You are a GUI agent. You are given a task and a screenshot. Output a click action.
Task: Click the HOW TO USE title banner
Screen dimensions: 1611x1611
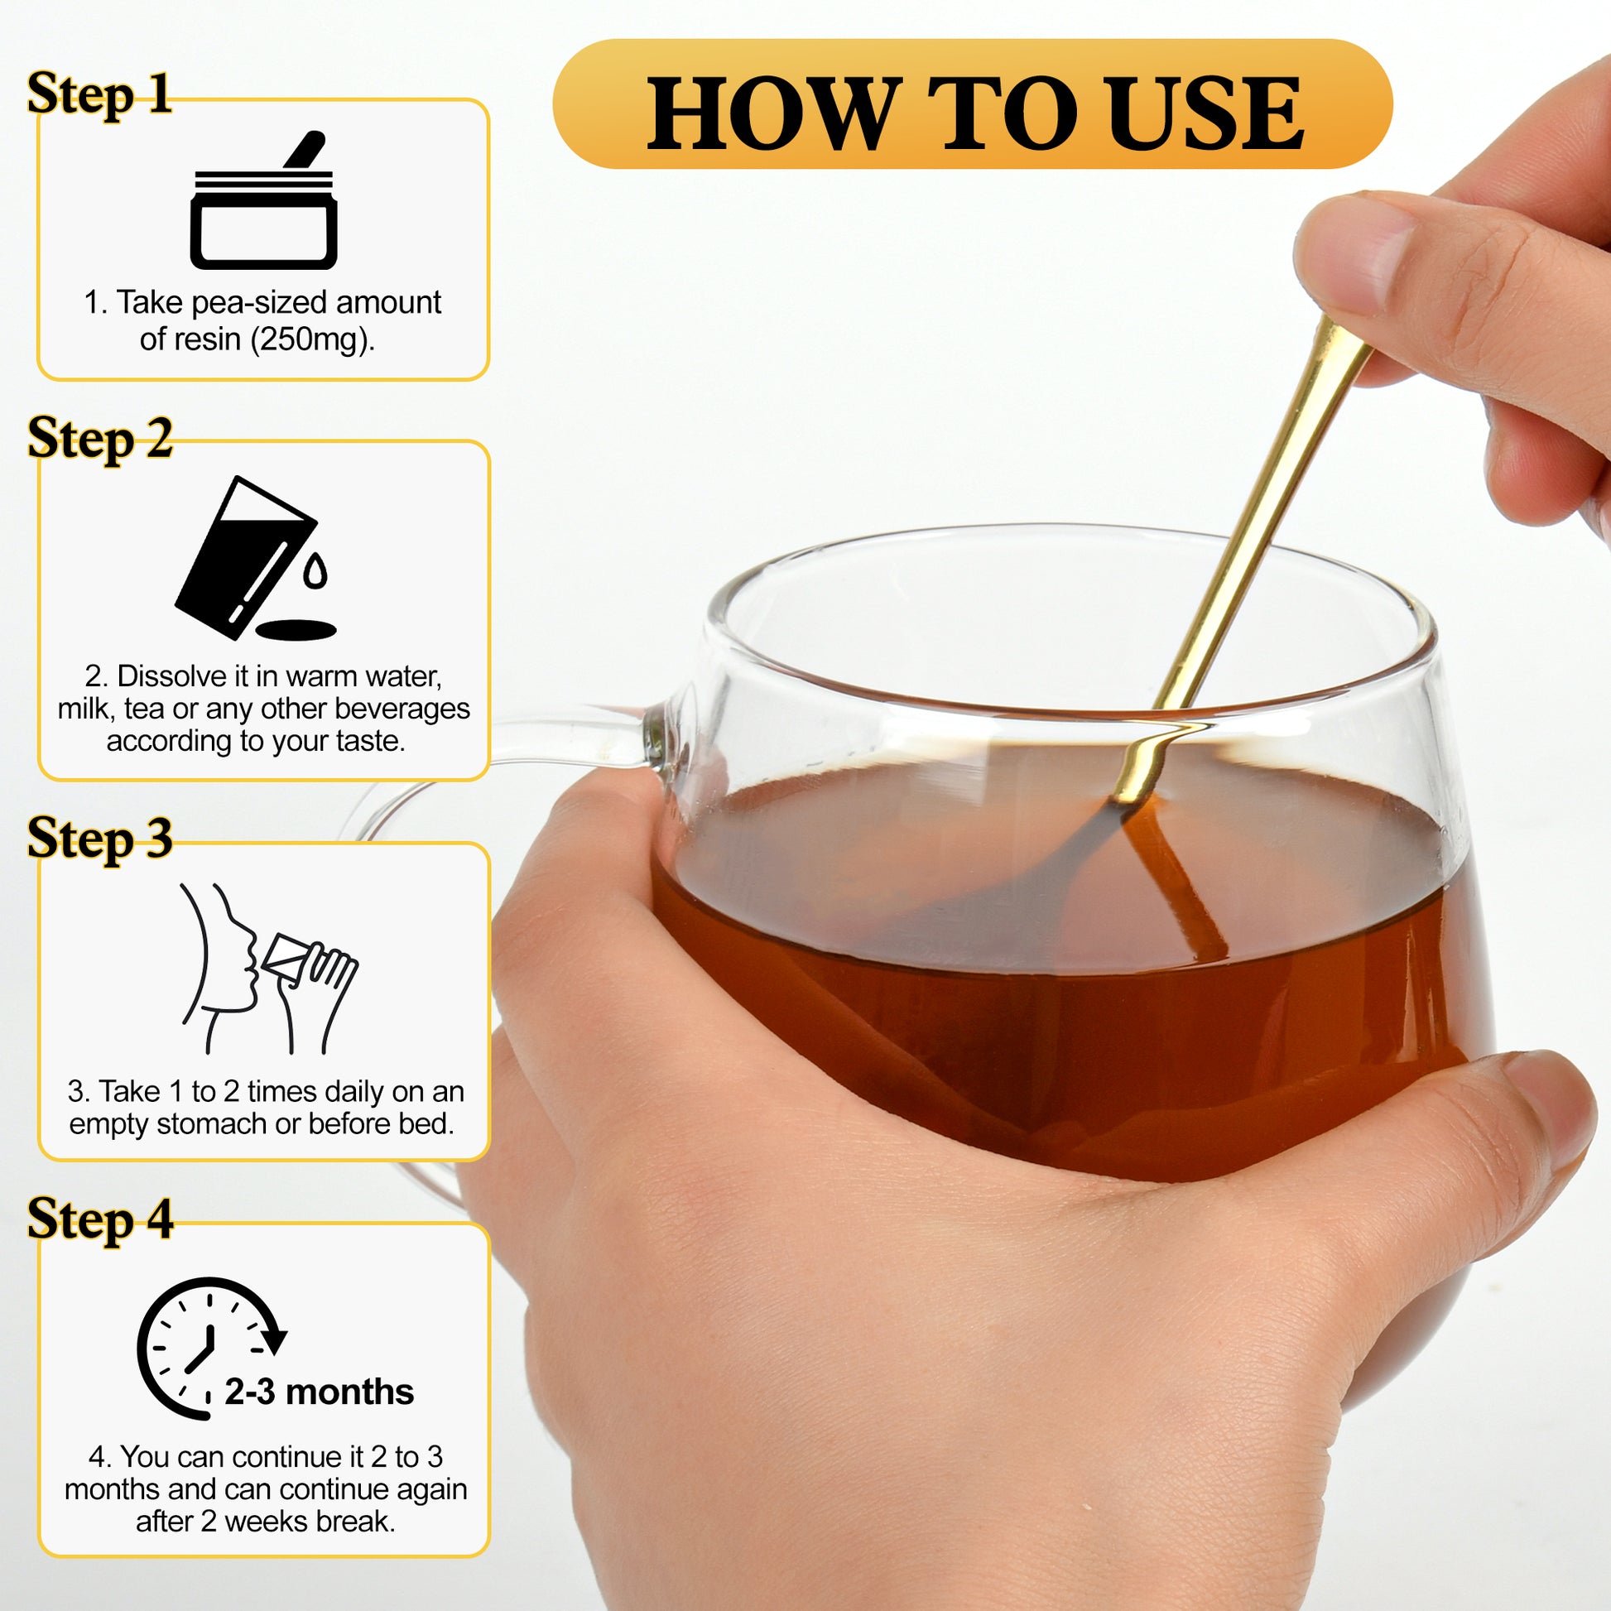(972, 104)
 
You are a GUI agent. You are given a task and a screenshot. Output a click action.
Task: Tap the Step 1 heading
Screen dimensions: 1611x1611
(100, 94)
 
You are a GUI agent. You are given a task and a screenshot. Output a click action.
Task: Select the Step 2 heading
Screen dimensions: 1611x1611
(100, 439)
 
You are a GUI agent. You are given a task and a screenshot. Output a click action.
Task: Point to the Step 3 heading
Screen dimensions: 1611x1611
(100, 838)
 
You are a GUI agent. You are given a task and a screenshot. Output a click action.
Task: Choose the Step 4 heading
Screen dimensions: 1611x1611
(100, 1219)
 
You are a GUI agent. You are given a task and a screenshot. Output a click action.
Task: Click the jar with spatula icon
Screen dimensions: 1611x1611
(263, 200)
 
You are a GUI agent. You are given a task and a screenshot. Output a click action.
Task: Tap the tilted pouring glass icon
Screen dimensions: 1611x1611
(255, 558)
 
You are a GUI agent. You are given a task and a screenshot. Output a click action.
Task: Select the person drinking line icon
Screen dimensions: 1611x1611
(268, 968)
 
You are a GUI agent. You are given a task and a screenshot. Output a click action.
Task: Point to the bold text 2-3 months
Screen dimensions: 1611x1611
(320, 1392)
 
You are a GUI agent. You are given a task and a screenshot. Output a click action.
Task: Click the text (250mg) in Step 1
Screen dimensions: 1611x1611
(313, 339)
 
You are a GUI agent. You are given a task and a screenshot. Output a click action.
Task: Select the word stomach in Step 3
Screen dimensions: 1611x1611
(212, 1124)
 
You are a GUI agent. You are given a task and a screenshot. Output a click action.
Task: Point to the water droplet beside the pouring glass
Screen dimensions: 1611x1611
(315, 570)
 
